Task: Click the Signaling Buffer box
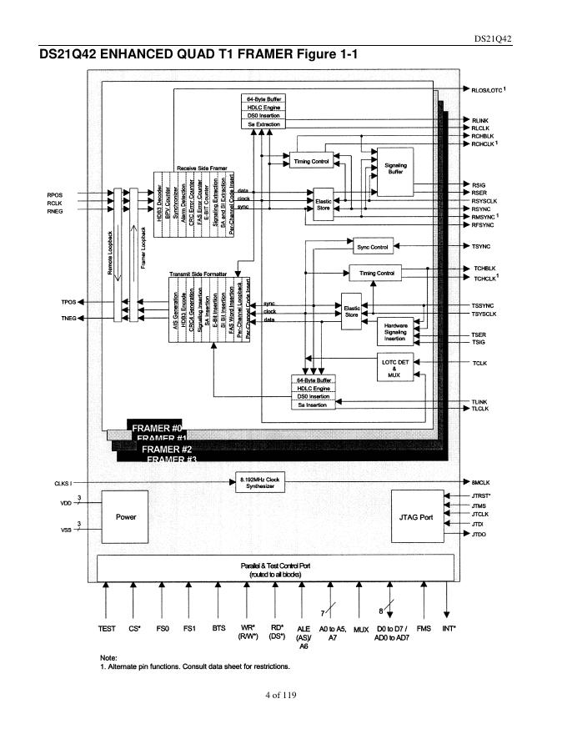point(396,166)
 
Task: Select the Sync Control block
point(374,247)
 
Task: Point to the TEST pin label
point(106,628)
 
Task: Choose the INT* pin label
point(448,628)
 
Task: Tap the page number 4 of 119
point(283,695)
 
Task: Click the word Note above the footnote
point(108,657)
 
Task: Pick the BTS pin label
point(218,628)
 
